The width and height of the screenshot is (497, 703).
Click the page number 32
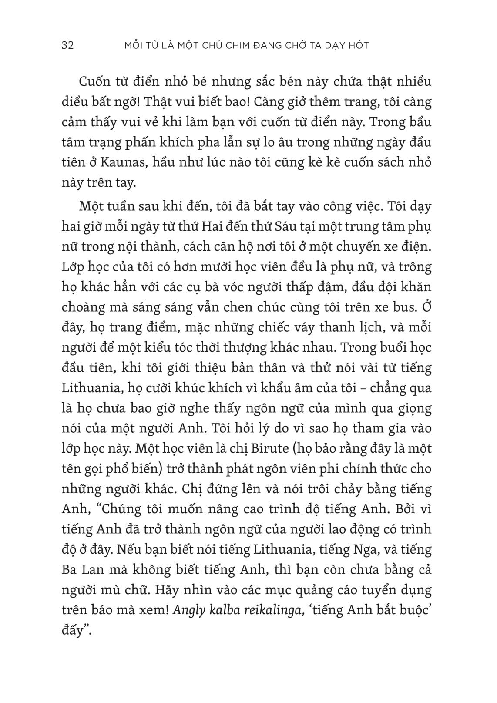click(x=68, y=45)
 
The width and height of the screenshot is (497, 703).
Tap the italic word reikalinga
click(x=271, y=610)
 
